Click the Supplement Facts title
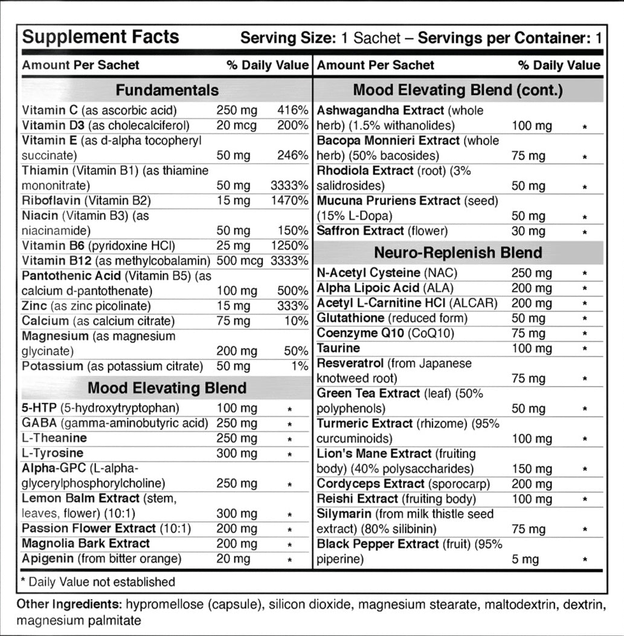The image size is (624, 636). (100, 37)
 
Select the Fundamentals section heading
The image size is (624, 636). (167, 91)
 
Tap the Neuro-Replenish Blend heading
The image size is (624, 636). (458, 252)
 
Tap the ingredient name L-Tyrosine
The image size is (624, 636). (53, 453)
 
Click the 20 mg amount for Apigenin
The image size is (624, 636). (233, 559)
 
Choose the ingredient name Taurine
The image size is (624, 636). (338, 348)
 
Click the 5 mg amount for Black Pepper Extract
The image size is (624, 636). (525, 559)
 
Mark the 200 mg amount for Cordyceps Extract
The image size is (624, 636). (532, 484)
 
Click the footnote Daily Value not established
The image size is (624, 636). (98, 582)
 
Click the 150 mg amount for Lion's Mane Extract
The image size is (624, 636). (532, 469)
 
